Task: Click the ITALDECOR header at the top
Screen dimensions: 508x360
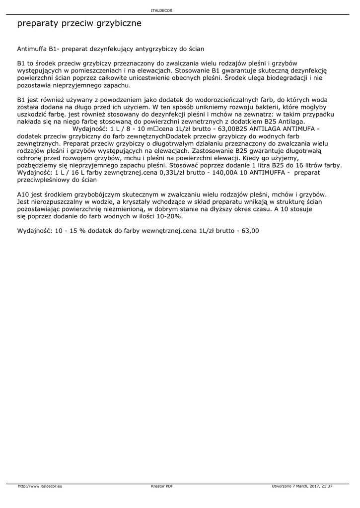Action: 161,10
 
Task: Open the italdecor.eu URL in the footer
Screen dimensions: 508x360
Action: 40,486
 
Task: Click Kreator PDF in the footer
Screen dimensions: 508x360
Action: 162,486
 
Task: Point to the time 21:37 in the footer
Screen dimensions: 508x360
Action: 327,486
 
